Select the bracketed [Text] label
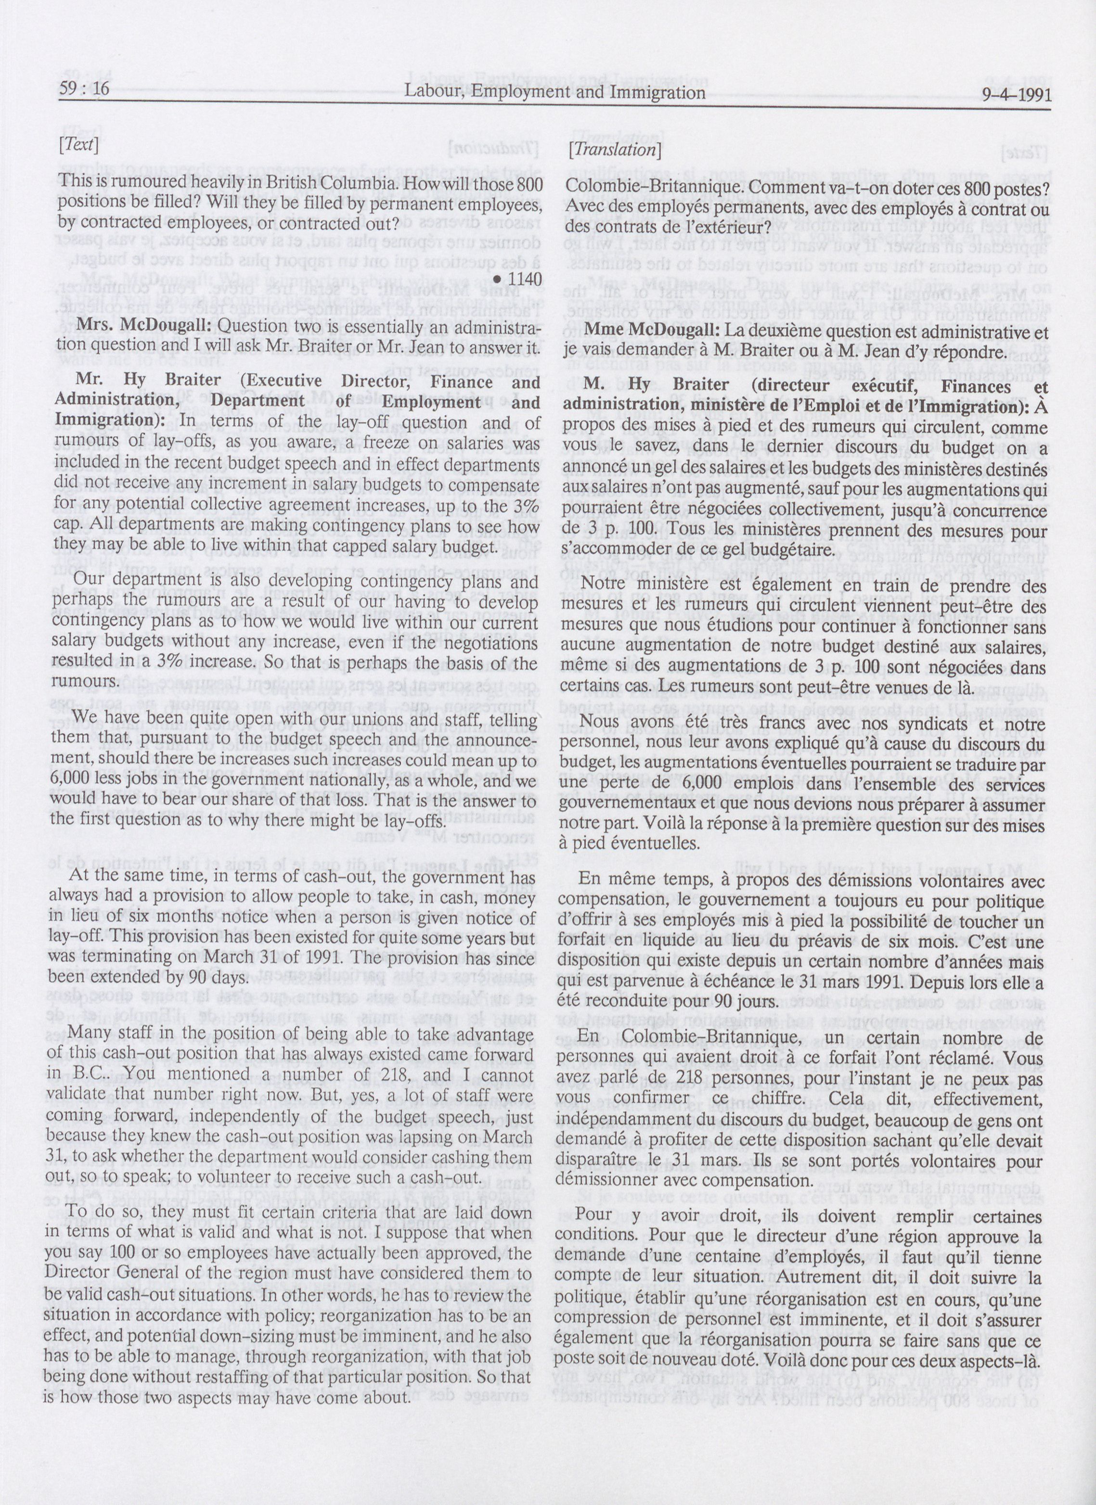(x=79, y=145)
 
